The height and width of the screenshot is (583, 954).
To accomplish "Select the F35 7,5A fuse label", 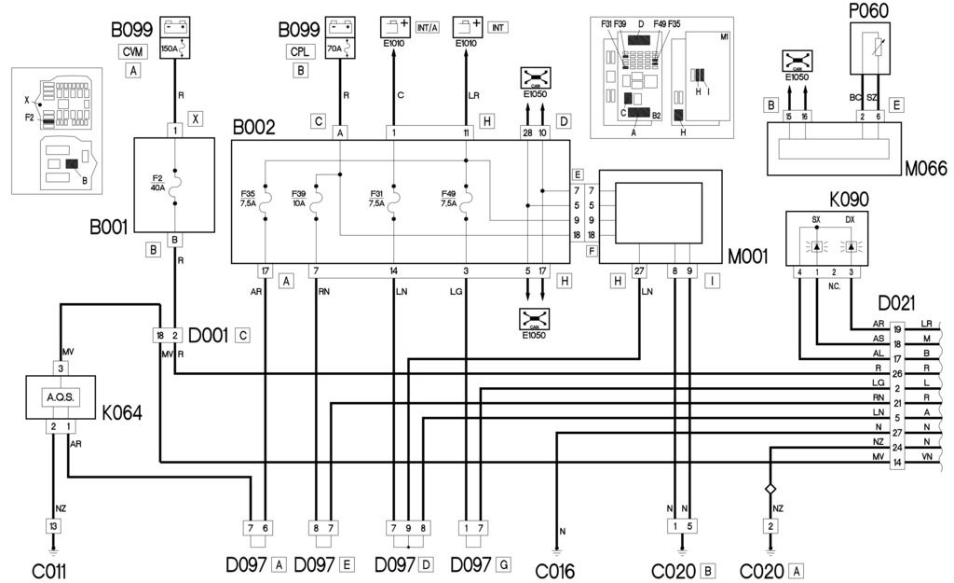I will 250,201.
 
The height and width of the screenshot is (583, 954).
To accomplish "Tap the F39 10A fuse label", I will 300,201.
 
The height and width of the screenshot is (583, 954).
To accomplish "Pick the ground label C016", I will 557,568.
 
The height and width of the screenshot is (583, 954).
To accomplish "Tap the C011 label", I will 48,568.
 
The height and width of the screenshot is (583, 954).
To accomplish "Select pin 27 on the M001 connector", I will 639,271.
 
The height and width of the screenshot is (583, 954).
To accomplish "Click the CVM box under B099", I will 135,51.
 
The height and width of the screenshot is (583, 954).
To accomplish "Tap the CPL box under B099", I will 300,51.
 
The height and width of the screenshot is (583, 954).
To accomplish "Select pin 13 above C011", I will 53,527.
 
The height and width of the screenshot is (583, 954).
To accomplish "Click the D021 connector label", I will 896,304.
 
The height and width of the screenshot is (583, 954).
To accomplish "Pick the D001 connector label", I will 210,334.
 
